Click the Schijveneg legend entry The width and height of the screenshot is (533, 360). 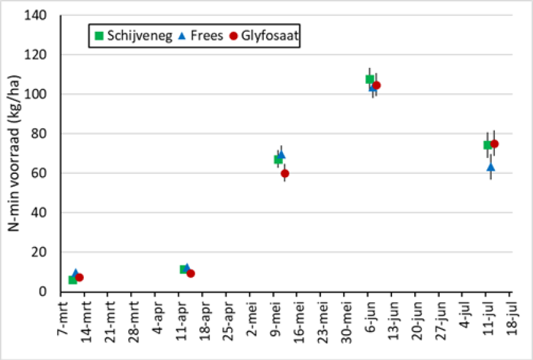click(133, 36)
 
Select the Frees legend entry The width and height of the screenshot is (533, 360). click(201, 36)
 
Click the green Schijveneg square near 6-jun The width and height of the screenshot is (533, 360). click(370, 79)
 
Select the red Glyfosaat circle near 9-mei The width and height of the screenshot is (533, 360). click(285, 173)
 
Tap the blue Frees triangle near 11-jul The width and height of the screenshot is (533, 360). click(490, 167)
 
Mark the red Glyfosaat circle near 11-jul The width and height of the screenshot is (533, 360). click(494, 144)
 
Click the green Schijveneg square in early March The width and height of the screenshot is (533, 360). click(72, 280)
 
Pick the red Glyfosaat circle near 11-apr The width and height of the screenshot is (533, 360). click(190, 274)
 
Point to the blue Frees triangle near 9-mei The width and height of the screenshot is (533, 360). click(282, 154)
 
